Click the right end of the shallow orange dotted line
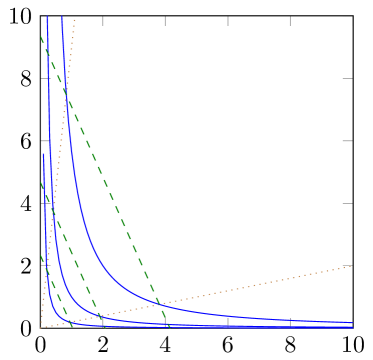(352, 265)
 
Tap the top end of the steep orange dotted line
(75, 18)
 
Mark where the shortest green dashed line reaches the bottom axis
(72, 327)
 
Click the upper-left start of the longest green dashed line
(41, 37)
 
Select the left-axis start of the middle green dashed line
(41, 183)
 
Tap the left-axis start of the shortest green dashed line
(41, 256)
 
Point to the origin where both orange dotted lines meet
(41, 327)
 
